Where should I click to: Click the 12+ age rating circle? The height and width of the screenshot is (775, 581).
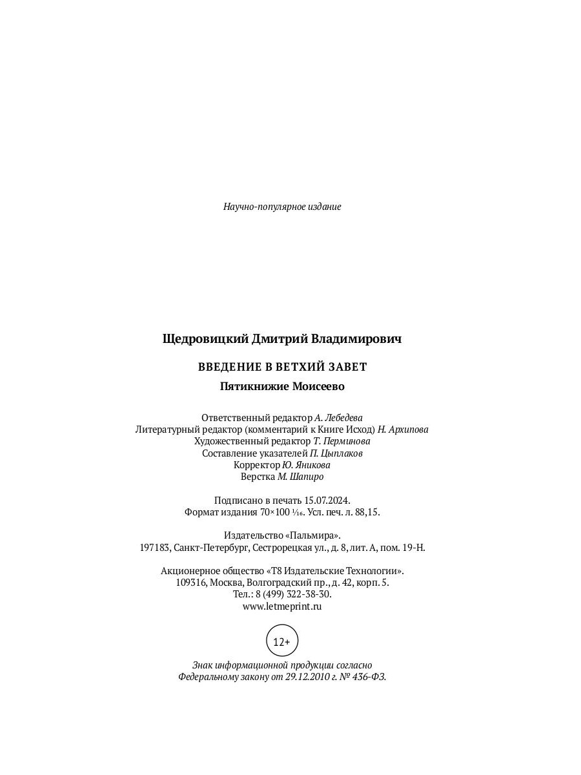tap(282, 641)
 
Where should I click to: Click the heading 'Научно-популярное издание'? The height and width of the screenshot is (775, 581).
tap(282, 207)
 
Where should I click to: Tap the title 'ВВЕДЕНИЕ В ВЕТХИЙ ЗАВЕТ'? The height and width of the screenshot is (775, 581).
tap(282, 367)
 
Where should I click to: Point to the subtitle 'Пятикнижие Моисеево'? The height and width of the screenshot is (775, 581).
tap(282, 387)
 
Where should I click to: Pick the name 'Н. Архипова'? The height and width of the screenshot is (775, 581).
tap(403, 429)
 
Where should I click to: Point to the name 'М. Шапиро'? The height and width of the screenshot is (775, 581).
tap(300, 477)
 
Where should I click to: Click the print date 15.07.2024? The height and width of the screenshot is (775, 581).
tap(327, 501)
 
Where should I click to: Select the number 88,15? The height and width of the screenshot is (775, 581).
tap(366, 512)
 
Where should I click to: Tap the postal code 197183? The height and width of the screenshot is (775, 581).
tap(155, 548)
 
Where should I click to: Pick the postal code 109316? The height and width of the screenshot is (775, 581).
tap(191, 583)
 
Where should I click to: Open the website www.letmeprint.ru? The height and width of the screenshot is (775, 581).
tap(282, 606)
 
